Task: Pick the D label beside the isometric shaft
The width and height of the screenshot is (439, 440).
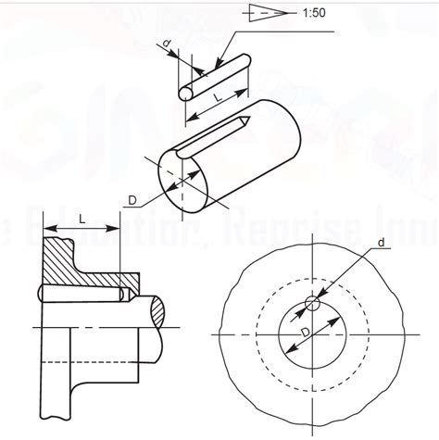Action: pos(132,199)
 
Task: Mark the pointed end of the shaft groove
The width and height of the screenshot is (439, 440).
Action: pos(243,119)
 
